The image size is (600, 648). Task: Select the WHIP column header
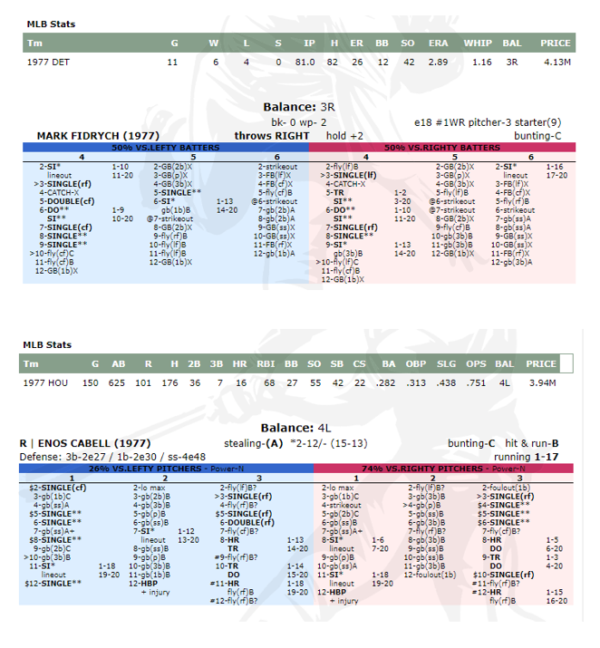pyautogui.click(x=478, y=43)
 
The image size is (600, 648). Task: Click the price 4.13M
pyautogui.click(x=556, y=62)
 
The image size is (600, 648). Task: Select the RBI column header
pyautogui.click(x=267, y=364)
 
